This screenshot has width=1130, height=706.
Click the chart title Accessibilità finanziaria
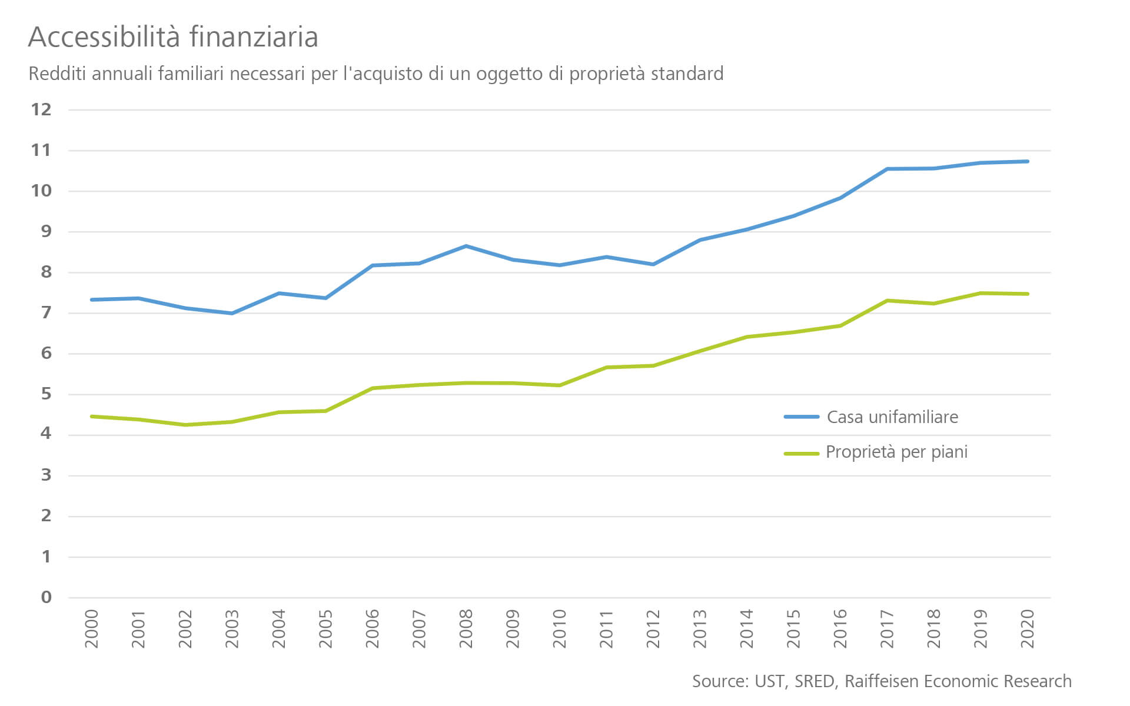173,38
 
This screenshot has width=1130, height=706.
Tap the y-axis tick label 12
41,109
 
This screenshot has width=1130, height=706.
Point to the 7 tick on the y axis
46,313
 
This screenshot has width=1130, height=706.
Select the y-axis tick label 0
46,598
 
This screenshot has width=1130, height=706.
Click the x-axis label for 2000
92,629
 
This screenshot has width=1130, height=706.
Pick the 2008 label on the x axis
466,629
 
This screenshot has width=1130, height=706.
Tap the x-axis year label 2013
700,629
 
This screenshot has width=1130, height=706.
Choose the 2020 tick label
1028,629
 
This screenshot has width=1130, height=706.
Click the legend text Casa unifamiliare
892,417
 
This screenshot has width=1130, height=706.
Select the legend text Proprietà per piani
896,452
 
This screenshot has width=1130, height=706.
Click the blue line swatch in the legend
802,417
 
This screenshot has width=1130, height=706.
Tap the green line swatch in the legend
802,454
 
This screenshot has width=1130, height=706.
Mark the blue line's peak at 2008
466,246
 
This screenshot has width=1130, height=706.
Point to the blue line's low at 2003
232,314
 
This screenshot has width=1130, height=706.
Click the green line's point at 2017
887,301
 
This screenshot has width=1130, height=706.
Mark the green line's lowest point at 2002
185,425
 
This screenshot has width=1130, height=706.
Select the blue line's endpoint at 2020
1028,161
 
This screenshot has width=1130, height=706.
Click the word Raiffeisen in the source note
882,681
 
